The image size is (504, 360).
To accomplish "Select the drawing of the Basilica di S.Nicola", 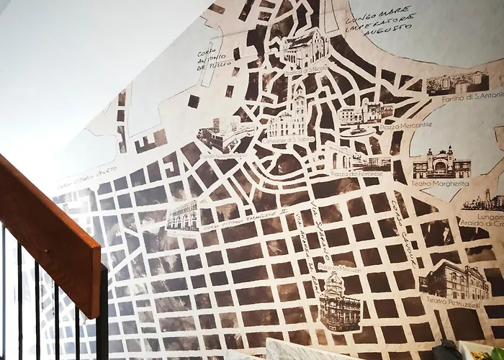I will (305, 48).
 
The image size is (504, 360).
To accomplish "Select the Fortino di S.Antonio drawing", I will (456, 81).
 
